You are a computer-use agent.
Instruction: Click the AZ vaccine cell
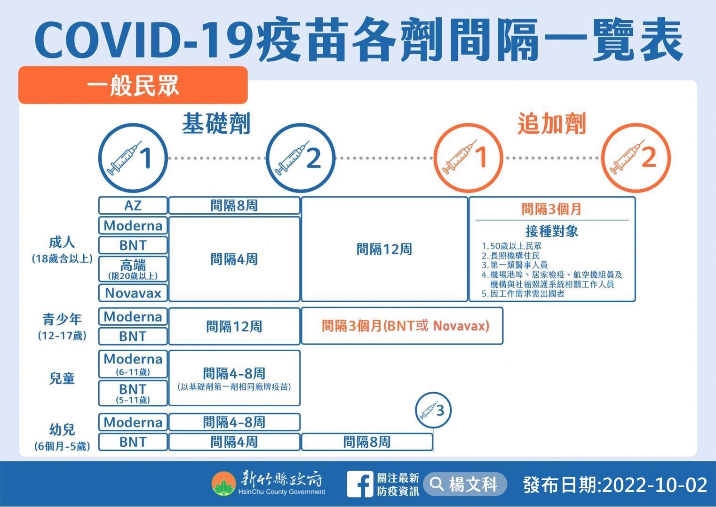[x=133, y=205]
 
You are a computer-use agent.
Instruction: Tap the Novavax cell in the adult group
[x=133, y=293]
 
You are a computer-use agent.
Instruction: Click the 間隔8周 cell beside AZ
[x=234, y=205]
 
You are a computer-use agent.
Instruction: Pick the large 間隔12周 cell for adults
[x=384, y=249]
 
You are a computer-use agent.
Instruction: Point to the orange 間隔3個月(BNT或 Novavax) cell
[x=402, y=326]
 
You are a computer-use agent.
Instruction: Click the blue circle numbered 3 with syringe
[x=433, y=410]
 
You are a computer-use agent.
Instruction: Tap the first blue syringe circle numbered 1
[x=133, y=158]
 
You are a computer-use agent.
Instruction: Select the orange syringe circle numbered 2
[x=636, y=158]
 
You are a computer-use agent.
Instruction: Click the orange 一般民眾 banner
[x=133, y=85]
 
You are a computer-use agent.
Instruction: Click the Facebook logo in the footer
[x=360, y=484]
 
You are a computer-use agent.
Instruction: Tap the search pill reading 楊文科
[x=465, y=484]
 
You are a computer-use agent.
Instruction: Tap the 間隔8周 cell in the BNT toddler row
[x=367, y=442]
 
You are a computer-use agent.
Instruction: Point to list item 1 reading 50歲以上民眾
[x=511, y=246]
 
